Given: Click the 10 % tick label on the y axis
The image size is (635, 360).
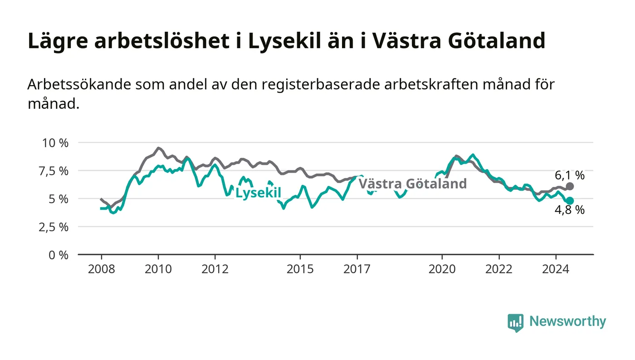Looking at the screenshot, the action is (55, 143).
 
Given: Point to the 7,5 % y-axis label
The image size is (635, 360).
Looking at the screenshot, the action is (54, 171).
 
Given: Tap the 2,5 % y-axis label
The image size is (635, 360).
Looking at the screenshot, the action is (54, 227).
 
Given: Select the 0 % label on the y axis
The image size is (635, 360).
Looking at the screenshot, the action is (59, 255).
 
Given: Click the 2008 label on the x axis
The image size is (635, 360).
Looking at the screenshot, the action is (102, 269).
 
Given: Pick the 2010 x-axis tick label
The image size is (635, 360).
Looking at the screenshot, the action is (158, 269).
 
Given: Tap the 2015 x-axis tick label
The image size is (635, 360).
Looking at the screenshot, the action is (300, 269).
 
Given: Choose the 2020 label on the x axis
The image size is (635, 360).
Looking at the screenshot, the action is (442, 269).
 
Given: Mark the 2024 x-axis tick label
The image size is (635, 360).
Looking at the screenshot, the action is (556, 269).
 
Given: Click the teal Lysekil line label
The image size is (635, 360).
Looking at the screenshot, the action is (258, 193).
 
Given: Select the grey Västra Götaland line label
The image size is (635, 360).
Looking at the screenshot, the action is (413, 184).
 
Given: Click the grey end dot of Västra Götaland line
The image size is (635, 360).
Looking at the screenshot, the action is (570, 186).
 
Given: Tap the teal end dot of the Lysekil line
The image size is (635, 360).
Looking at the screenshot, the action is (570, 201).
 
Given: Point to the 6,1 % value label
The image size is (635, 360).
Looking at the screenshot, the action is (570, 175).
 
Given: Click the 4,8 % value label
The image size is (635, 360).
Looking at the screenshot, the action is (570, 210).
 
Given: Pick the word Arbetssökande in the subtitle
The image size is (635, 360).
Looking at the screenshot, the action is (79, 84).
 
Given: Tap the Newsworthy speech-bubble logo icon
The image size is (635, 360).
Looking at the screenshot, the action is (515, 322).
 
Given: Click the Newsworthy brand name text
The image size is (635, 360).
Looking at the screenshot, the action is (567, 321).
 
